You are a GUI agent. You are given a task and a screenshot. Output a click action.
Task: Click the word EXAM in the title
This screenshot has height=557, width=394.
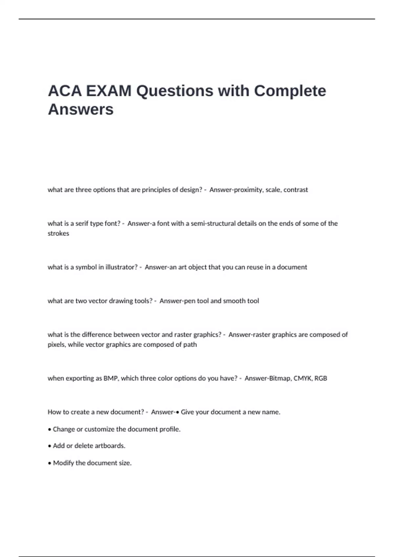click(x=109, y=91)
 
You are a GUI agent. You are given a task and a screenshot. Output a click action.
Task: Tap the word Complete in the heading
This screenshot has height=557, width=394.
click(x=290, y=91)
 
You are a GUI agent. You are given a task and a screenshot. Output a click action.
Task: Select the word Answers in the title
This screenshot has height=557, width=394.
click(x=81, y=109)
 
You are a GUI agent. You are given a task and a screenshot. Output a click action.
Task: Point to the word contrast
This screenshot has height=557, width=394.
click(x=296, y=190)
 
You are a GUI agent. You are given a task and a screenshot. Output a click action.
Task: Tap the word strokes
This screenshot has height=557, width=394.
click(x=58, y=233)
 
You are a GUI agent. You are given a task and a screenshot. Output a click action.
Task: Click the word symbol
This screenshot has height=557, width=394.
click(x=86, y=267)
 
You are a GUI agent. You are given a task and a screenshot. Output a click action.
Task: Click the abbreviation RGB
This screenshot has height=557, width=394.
click(x=321, y=378)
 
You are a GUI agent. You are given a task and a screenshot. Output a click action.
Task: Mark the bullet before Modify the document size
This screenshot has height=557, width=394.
click(x=50, y=463)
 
